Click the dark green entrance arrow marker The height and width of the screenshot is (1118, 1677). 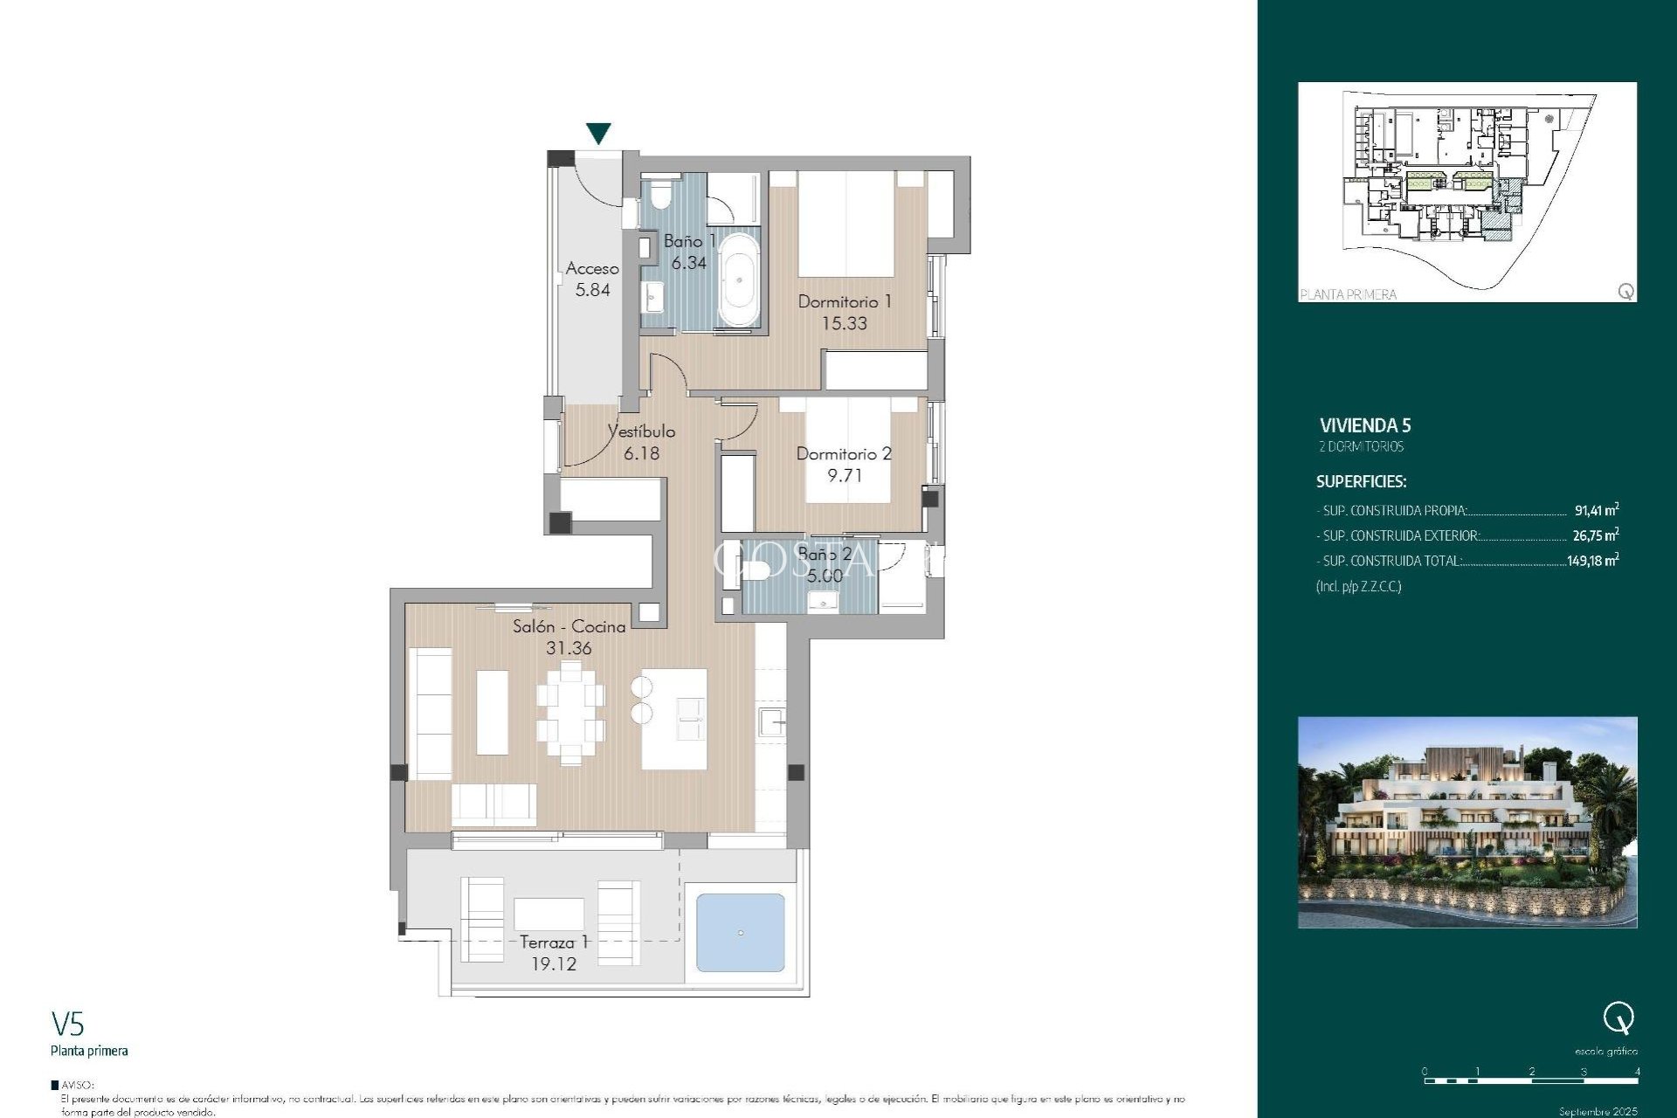[598, 133]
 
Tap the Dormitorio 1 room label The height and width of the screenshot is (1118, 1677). [844, 301]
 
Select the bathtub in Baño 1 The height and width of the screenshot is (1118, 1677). [739, 279]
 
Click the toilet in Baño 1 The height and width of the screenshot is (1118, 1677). [660, 194]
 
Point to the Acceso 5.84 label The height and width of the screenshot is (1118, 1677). [592, 279]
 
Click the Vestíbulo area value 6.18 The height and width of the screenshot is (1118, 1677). [641, 453]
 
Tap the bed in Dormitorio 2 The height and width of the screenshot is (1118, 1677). [846, 450]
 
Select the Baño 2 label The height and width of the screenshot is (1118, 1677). [824, 554]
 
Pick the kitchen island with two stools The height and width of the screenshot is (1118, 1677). [673, 718]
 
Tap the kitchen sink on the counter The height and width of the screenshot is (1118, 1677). [771, 721]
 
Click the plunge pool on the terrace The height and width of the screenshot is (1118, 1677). [740, 932]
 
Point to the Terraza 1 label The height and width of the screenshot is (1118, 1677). [554, 942]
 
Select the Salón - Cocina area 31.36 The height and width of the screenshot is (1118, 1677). [569, 648]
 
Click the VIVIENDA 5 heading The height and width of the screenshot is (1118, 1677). [1364, 425]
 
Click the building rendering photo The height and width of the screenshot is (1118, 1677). [1467, 822]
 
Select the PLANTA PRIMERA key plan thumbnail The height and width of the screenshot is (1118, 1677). [1467, 191]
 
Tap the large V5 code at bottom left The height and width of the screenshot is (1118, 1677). [67, 1024]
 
